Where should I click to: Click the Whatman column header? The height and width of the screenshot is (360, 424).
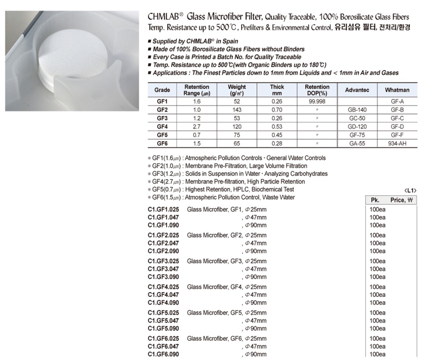click(x=397, y=90)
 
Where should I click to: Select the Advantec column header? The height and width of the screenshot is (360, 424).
click(x=357, y=90)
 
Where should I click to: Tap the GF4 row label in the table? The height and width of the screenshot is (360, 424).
click(x=162, y=126)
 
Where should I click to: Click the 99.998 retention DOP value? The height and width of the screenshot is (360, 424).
click(x=317, y=101)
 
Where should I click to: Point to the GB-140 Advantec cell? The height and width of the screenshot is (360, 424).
click(x=357, y=109)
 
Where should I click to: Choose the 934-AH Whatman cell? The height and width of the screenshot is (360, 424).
click(x=397, y=143)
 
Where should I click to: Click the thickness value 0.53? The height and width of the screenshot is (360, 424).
click(x=277, y=126)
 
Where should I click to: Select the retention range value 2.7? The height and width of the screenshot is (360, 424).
click(x=197, y=126)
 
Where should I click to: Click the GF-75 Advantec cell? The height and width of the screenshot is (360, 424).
click(x=357, y=135)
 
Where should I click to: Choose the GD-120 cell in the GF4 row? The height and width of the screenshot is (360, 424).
click(x=357, y=126)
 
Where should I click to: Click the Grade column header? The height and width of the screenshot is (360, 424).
click(x=162, y=90)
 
